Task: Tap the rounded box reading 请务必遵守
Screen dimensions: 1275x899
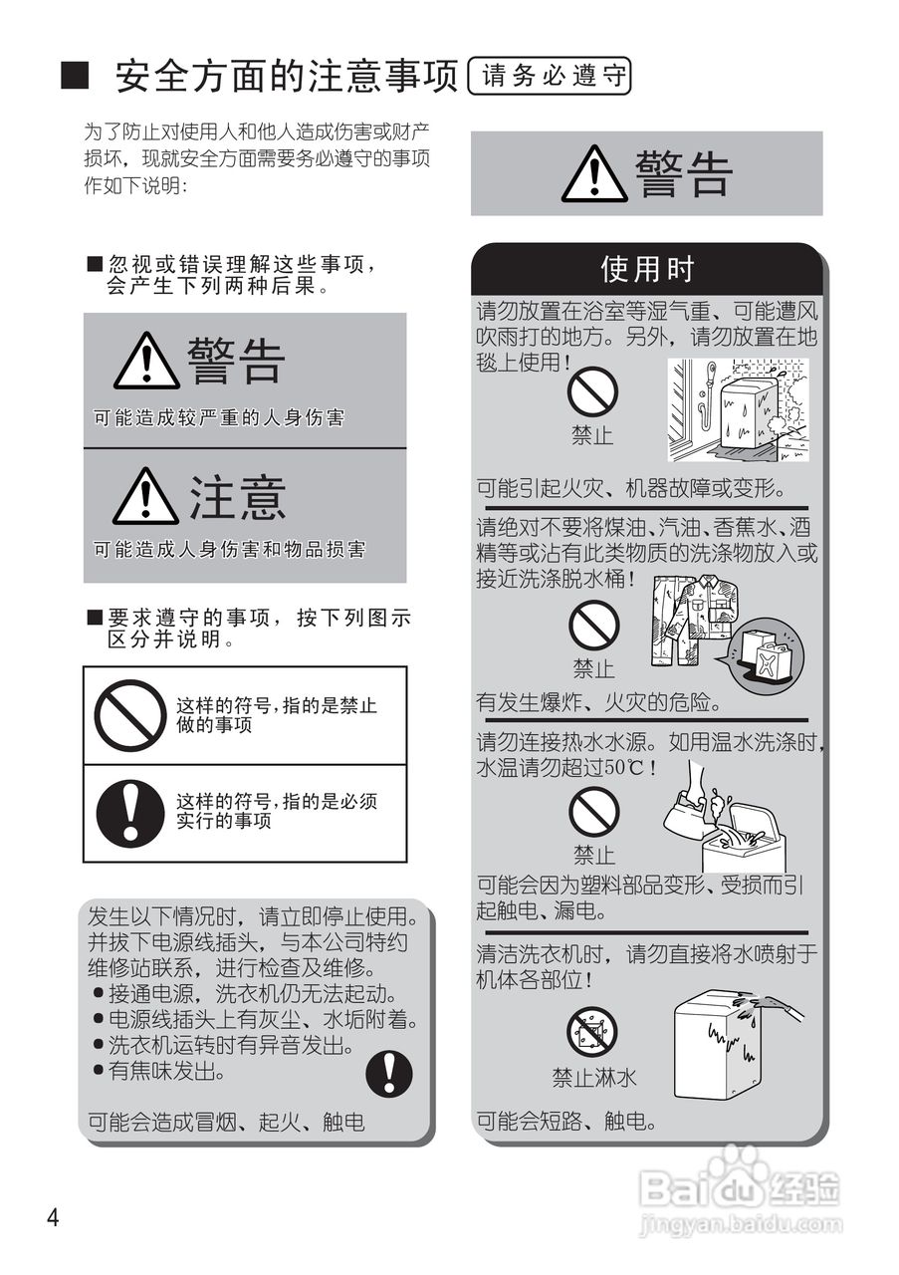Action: click(x=550, y=76)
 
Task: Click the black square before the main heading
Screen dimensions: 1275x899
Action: click(x=77, y=76)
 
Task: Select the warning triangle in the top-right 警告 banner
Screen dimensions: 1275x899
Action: click(x=594, y=174)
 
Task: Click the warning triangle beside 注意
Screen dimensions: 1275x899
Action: click(x=145, y=497)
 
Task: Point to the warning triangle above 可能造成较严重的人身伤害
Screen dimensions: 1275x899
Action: click(x=146, y=362)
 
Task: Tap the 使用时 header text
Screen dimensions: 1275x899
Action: click(x=647, y=269)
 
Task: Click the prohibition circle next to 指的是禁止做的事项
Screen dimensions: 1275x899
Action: click(x=129, y=714)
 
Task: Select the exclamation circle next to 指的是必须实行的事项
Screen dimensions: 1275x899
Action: click(x=129, y=812)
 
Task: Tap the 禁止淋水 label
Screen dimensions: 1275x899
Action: click(x=594, y=1078)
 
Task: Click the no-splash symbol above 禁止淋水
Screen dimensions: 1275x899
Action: click(x=592, y=1031)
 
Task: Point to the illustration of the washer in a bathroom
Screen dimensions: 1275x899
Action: click(x=738, y=409)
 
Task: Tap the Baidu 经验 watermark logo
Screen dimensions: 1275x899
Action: click(x=741, y=1191)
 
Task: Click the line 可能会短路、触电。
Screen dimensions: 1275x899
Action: click(x=566, y=1121)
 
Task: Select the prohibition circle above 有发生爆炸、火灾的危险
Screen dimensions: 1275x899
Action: click(x=593, y=627)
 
